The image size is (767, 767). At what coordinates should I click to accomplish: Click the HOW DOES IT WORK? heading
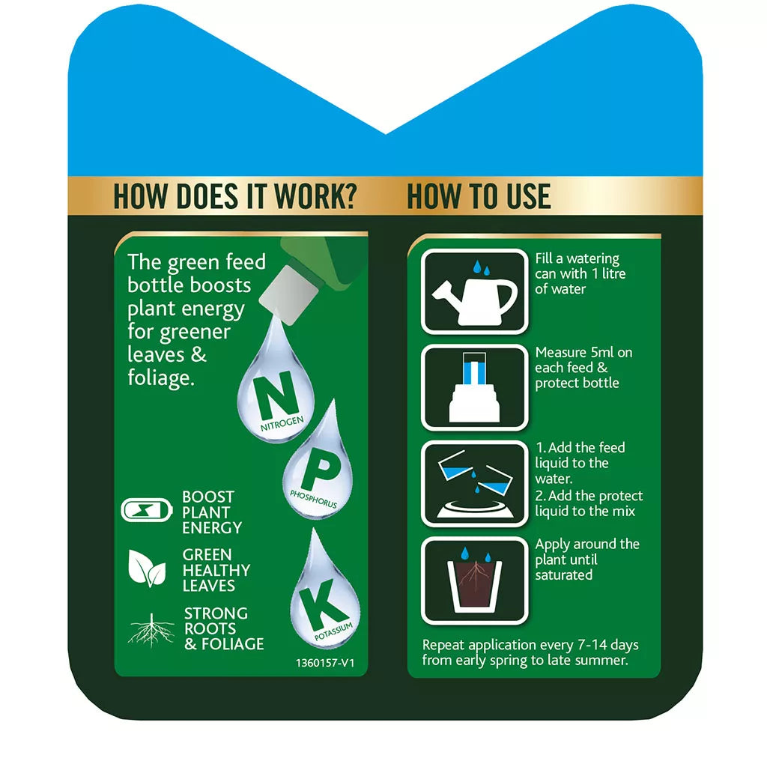pyautogui.click(x=234, y=196)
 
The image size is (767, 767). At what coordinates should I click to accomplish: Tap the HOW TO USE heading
pyautogui.click(x=479, y=196)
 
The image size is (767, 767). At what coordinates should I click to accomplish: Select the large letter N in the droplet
pyautogui.click(x=269, y=393)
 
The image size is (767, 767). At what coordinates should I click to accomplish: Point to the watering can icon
pyautogui.click(x=474, y=291)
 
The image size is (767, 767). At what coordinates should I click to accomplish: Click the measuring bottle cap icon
pyautogui.click(x=474, y=387)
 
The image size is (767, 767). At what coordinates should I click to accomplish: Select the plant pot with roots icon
pyautogui.click(x=474, y=580)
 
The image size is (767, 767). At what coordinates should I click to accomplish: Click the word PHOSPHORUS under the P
pyautogui.click(x=313, y=500)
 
